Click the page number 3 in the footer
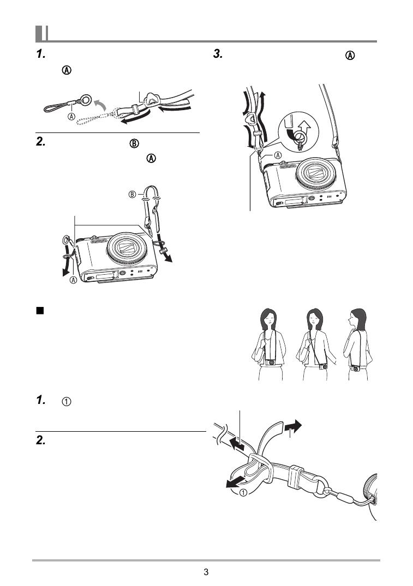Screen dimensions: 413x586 click(206, 572)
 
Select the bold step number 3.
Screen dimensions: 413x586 click(218, 54)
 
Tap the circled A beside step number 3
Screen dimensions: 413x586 click(350, 55)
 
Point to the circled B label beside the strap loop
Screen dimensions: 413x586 click(132, 195)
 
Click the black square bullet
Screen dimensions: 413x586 click(40, 311)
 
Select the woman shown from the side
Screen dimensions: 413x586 click(358, 344)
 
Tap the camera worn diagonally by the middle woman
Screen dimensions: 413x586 click(324, 366)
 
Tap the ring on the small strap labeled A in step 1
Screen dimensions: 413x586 click(85, 99)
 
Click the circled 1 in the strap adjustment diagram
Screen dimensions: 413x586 click(243, 493)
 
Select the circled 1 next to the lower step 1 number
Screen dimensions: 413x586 click(66, 402)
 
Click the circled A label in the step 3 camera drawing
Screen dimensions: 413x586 click(278, 155)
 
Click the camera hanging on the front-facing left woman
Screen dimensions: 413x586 click(271, 362)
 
